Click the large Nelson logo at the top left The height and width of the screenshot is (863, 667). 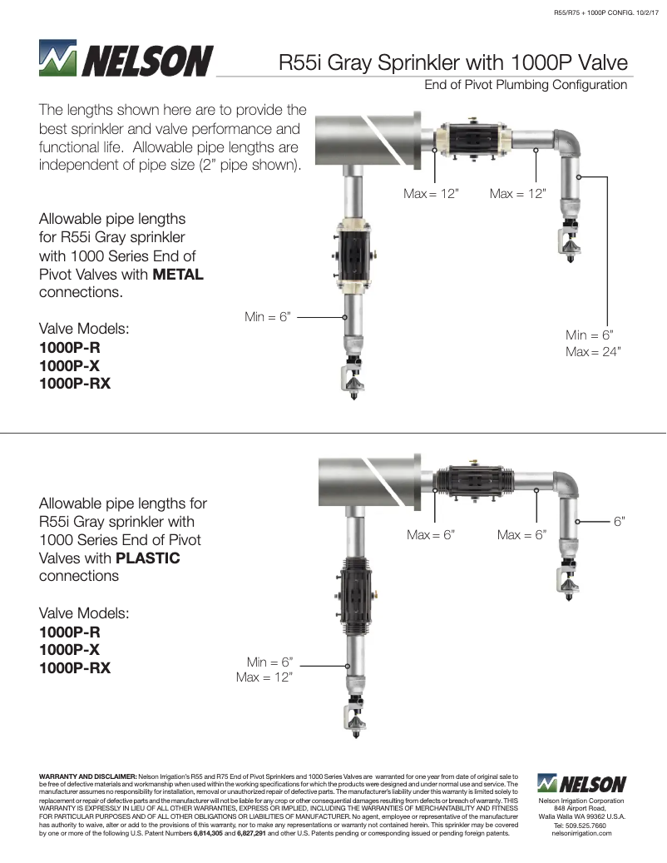click(126, 61)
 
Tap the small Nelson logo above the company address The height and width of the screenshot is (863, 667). click(581, 784)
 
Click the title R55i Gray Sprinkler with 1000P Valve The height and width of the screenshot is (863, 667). click(452, 63)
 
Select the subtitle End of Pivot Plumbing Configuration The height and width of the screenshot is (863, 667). click(526, 85)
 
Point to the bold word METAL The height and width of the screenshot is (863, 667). click(178, 275)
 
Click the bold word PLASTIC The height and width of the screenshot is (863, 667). click(148, 558)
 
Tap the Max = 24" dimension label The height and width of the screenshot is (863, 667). click(593, 352)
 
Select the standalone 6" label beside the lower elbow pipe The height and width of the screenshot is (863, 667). click(619, 521)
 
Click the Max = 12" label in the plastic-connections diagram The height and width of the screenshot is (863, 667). click(264, 677)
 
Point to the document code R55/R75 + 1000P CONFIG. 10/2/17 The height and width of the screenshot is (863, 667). click(605, 12)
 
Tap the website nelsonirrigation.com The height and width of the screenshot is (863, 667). click(581, 834)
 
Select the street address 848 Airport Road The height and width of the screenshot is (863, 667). click(581, 809)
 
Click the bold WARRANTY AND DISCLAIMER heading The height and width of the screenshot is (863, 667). click(88, 776)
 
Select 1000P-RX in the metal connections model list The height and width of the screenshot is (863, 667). click(75, 384)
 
